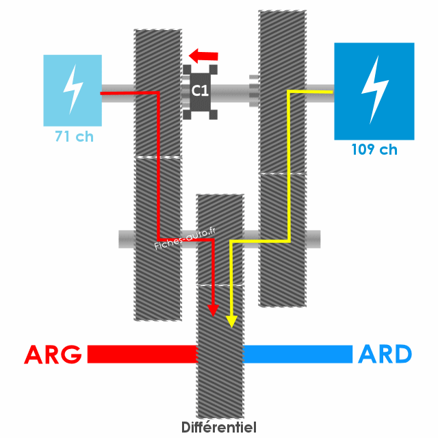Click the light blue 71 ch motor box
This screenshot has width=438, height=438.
(x=73, y=90)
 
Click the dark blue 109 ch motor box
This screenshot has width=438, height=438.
(x=374, y=90)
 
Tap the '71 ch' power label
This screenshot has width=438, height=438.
(x=74, y=137)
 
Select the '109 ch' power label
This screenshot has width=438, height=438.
(x=374, y=150)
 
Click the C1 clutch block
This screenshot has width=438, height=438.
(x=200, y=90)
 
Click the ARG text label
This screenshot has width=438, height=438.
(x=53, y=355)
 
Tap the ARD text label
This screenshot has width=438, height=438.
(x=385, y=355)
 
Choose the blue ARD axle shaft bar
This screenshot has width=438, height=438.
(x=298, y=354)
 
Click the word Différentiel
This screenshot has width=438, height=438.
(x=219, y=428)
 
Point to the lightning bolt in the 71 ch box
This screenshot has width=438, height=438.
(x=73, y=89)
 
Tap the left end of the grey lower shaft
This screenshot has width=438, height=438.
(x=125, y=239)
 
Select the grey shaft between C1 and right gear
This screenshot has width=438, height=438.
(x=233, y=90)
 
